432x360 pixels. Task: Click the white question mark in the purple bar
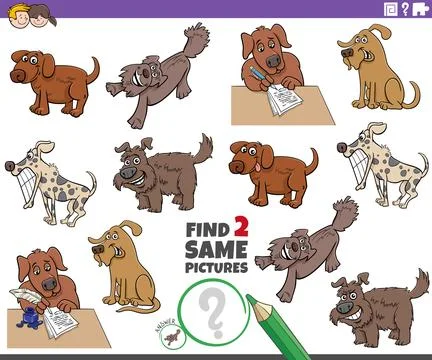(406, 9)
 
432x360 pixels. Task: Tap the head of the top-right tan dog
(356, 48)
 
